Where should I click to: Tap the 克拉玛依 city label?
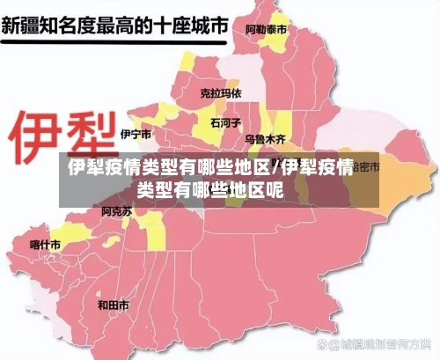(220, 92)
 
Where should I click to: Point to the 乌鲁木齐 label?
(266, 139)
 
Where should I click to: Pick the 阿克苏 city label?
(116, 211)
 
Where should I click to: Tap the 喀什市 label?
(45, 244)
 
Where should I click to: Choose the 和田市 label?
(113, 305)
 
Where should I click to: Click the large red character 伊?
(34, 131)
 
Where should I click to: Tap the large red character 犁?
(86, 131)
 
